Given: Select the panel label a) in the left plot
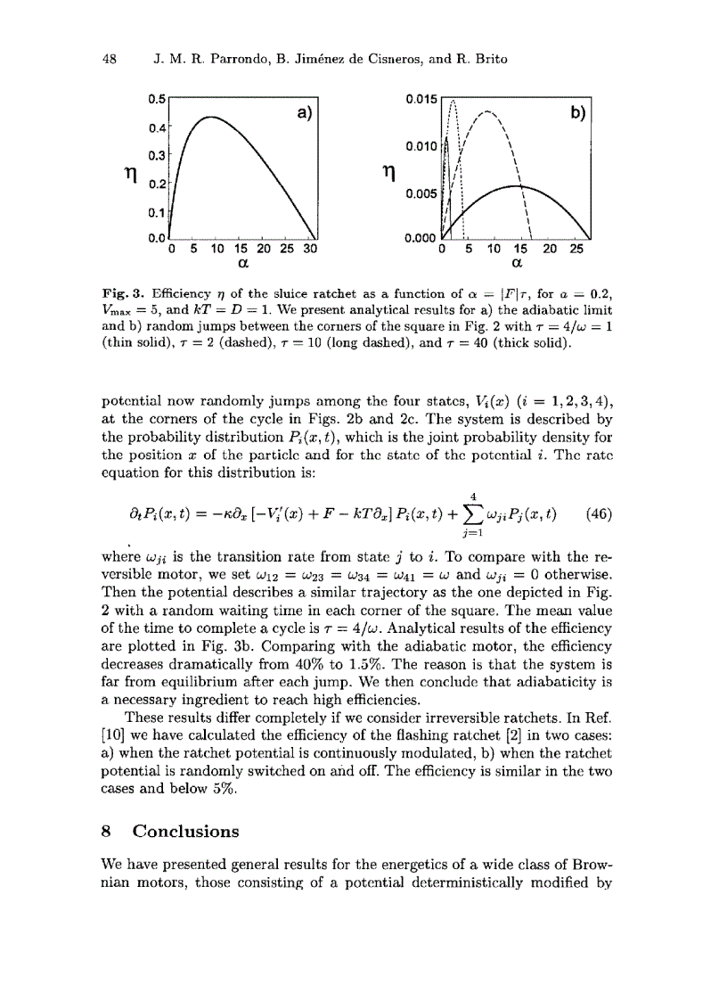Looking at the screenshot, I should click(299, 114).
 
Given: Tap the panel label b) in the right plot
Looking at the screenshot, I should click(582, 114).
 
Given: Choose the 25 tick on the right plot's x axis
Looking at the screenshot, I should click(576, 250).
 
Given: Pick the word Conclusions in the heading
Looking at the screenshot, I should click(186, 832).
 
